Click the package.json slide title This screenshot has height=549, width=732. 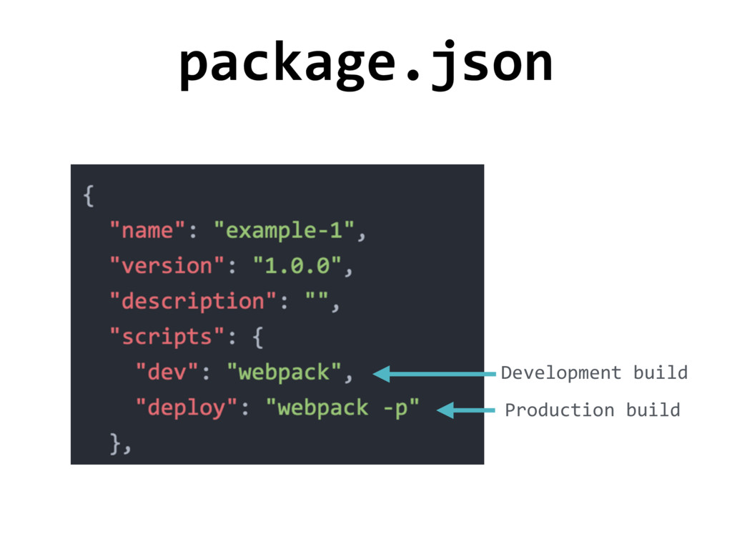365,64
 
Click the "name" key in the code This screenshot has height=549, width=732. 148,231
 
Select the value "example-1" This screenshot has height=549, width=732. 285,231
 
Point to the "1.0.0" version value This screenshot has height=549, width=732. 297,266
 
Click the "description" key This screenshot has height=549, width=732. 187,301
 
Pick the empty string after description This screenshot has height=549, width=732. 317,301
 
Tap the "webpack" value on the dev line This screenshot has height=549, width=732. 284,372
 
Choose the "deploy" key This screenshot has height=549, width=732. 187,408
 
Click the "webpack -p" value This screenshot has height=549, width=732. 342,408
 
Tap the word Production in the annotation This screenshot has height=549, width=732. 559,410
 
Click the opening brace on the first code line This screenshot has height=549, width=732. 89,196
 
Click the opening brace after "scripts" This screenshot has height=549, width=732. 258,337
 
